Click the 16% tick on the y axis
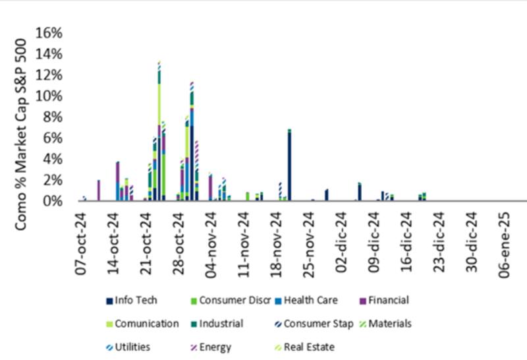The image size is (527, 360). point(49,32)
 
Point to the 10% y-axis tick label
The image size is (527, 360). point(49,96)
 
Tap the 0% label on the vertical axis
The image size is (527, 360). point(52,200)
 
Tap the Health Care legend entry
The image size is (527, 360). point(313,301)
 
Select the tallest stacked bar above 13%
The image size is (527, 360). point(159,132)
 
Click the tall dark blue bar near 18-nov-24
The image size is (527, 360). point(289,165)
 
